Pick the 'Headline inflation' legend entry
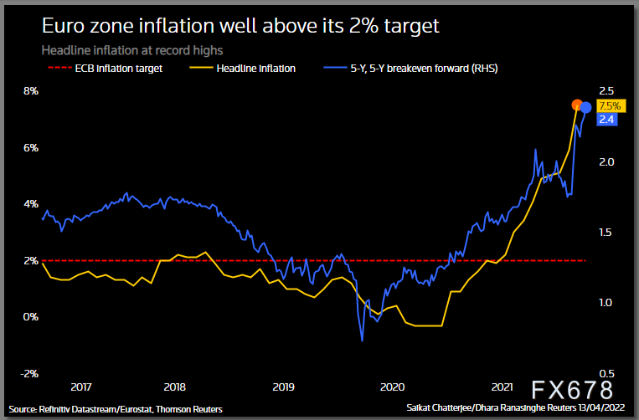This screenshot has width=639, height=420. (253, 69)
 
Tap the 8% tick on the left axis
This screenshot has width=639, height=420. (30, 91)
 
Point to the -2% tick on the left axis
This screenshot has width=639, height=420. (29, 374)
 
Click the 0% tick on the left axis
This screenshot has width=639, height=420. (30, 317)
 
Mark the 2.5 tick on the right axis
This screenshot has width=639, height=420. (607, 91)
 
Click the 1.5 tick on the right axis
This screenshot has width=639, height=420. (607, 233)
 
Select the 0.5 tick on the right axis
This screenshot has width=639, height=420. (607, 374)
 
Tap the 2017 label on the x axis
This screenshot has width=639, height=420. (81, 387)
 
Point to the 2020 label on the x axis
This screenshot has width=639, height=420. (393, 387)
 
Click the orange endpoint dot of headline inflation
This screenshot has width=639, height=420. (577, 105)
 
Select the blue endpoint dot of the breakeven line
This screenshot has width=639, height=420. (586, 107)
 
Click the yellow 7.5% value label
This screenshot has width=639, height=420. (610, 106)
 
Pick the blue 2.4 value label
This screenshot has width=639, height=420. (607, 120)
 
